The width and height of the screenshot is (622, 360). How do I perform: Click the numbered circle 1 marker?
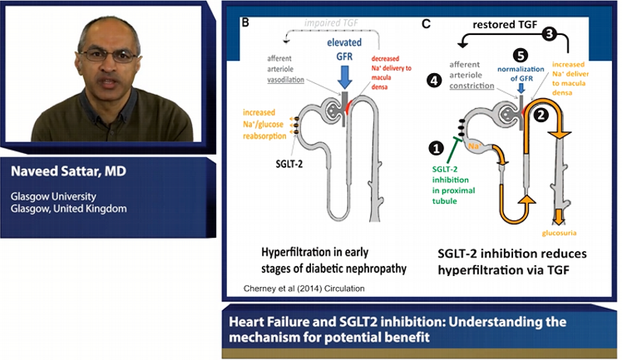[x=437, y=145]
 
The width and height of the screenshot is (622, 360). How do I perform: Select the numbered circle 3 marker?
[x=550, y=34]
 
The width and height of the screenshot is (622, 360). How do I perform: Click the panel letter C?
[x=425, y=23]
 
